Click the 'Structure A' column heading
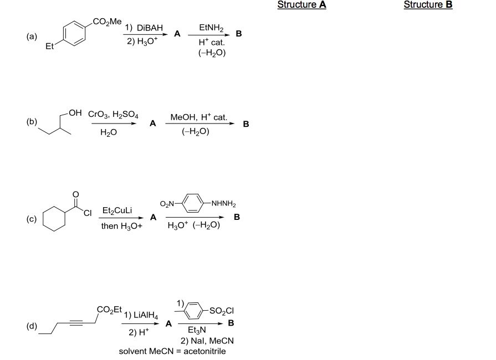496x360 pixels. pyautogui.click(x=301, y=5)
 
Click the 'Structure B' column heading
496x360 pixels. pyautogui.click(x=428, y=5)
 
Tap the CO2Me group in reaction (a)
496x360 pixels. pyautogui.click(x=107, y=22)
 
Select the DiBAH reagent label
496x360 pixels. pyautogui.click(x=150, y=28)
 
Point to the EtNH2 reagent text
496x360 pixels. pyautogui.click(x=211, y=28)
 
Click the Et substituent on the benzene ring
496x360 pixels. pyautogui.click(x=50, y=46)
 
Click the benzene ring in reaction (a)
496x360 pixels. pyautogui.click(x=74, y=33)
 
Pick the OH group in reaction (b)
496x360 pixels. pyautogui.click(x=75, y=113)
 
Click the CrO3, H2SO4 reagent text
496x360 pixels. pyautogui.click(x=113, y=114)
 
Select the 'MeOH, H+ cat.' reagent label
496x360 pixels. pyautogui.click(x=198, y=117)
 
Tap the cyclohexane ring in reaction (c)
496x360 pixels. pyautogui.click(x=54, y=219)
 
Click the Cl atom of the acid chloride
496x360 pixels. pyautogui.click(x=88, y=213)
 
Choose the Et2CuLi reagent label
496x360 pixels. pyautogui.click(x=117, y=210)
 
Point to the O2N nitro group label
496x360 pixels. pyautogui.click(x=167, y=204)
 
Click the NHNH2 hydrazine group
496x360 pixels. pyautogui.click(x=224, y=203)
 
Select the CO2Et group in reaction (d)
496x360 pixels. pyautogui.click(x=109, y=310)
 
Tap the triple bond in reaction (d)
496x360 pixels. pyautogui.click(x=76, y=323)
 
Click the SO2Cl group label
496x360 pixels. pyautogui.click(x=222, y=311)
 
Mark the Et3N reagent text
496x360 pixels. pyautogui.click(x=197, y=330)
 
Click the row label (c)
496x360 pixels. pyautogui.click(x=32, y=219)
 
